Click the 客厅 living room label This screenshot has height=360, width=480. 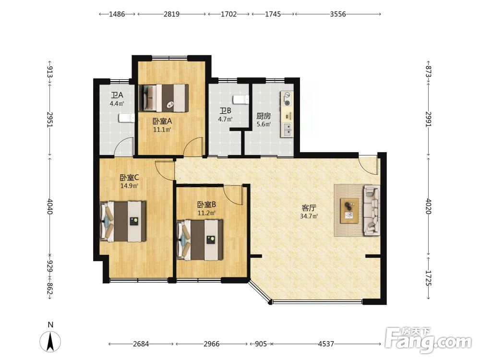tap(309, 208)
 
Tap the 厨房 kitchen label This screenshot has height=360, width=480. tap(264, 116)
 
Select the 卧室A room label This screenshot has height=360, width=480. tap(162, 121)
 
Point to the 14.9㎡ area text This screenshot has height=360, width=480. tap(129, 185)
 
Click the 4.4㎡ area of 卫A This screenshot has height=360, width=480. tap(117, 104)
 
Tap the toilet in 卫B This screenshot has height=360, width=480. tap(241, 99)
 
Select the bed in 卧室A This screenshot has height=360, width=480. tap(163, 97)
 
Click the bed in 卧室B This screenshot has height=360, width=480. tap(200, 240)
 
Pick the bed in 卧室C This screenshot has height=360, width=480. tap(123, 221)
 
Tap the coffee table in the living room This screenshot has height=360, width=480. tap(349, 208)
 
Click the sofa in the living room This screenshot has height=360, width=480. tap(372, 210)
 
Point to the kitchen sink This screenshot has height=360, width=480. tap(287, 130)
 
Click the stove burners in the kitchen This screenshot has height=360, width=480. tap(287, 99)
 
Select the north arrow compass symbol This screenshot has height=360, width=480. tap(50, 341)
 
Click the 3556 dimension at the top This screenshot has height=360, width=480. tap(338, 14)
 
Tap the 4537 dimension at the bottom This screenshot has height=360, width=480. tap(326, 344)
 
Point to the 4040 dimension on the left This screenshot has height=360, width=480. tap(50, 207)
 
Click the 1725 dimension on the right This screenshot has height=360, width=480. tap(429, 278)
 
